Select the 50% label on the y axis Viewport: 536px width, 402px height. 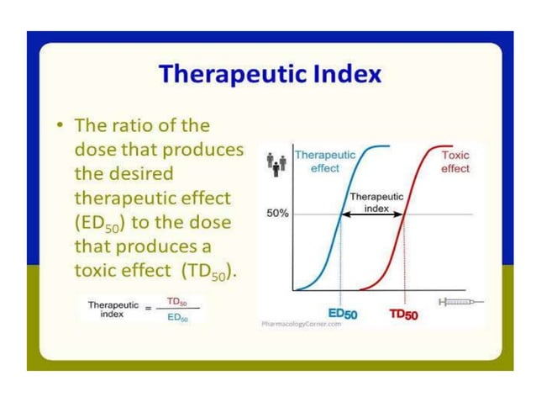[x=277, y=214]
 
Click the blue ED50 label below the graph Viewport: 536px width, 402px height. [x=342, y=314]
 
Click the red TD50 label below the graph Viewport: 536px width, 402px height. [x=406, y=315]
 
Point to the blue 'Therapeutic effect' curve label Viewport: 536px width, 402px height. [x=325, y=161]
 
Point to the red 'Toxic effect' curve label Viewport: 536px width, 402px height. [x=455, y=161]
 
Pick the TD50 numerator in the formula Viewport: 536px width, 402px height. [x=176, y=300]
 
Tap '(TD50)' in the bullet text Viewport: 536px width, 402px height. [x=205, y=272]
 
